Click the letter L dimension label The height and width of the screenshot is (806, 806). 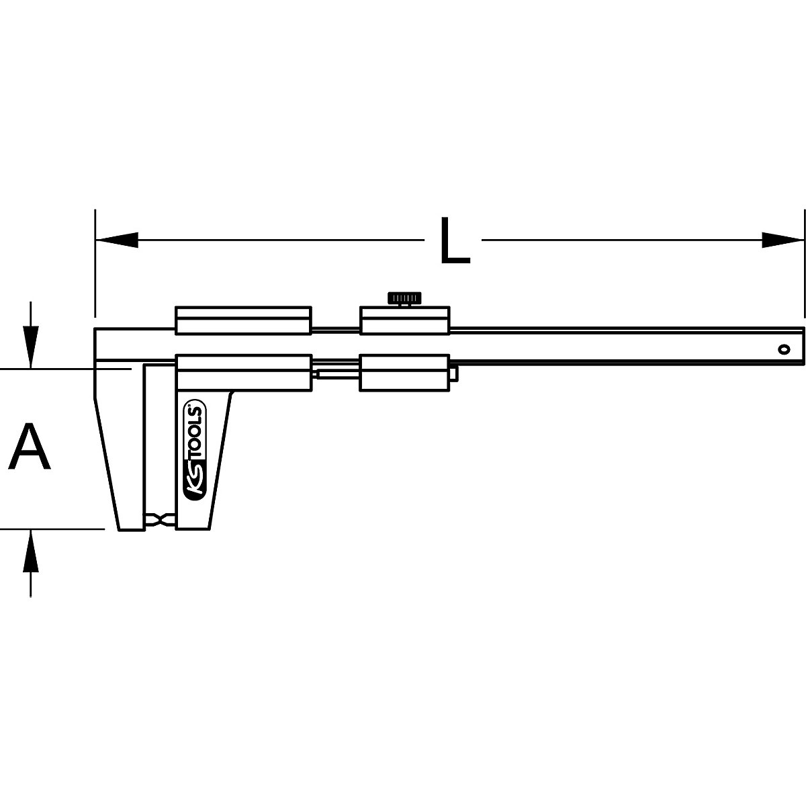(454, 240)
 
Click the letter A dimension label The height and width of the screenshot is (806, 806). (30, 447)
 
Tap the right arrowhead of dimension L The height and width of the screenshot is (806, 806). (783, 240)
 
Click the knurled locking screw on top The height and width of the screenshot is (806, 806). (404, 298)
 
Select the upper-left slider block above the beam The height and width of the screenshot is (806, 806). (243, 320)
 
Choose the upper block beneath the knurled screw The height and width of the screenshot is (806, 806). (404, 320)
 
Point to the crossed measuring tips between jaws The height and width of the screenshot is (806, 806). (160, 520)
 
